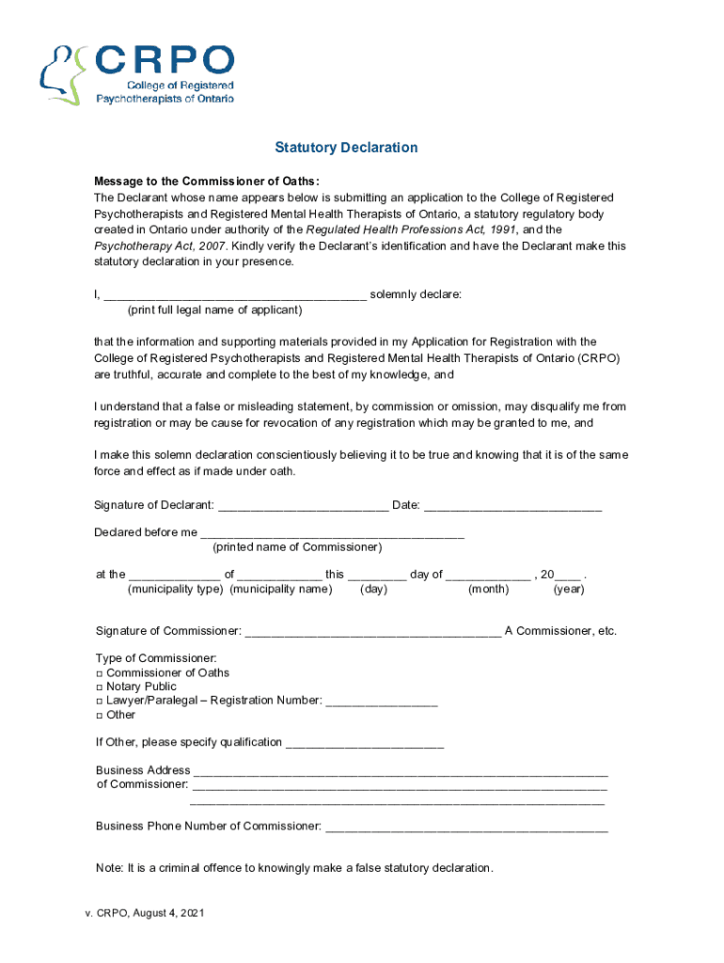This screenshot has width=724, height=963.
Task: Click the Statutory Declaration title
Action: point(346,148)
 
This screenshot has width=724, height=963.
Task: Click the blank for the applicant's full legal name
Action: point(234,294)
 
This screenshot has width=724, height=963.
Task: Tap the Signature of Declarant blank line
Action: point(303,506)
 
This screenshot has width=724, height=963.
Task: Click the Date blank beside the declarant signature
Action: point(512,506)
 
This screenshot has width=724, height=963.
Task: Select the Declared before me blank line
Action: point(332,532)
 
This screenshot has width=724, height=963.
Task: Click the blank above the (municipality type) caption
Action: point(174,575)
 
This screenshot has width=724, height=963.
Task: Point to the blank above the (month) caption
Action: point(488,575)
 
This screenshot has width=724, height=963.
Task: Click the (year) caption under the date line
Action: point(568,590)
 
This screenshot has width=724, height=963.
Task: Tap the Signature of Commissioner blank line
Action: point(372,631)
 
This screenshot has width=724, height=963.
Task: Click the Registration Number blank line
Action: point(382,702)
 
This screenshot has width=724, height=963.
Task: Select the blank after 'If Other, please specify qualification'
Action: point(364,743)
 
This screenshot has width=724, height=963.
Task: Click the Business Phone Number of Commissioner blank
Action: point(465,827)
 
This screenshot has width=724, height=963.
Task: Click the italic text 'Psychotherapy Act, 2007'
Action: point(160,245)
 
